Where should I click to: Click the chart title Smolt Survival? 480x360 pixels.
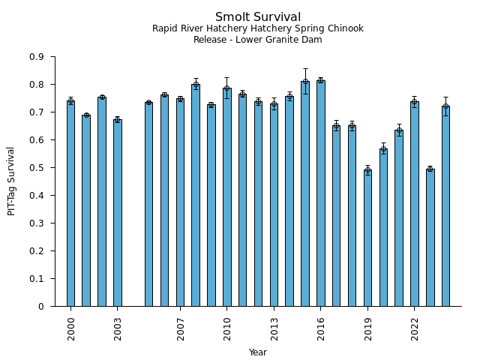[x=258, y=17]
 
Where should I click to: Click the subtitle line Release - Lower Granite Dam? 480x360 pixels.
[x=258, y=40]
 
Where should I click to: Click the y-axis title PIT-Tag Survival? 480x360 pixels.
[x=11, y=181]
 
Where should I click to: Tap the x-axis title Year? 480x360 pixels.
[x=258, y=352]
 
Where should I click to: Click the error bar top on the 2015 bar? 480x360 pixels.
[x=305, y=69]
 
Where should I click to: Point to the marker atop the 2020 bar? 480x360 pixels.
[x=383, y=149]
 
